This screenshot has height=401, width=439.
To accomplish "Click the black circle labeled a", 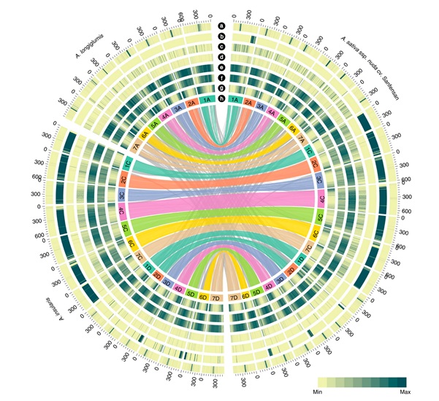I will (x=220, y=24).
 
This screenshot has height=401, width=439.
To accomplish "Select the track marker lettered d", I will (x=220, y=56).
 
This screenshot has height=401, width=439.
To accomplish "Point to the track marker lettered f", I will (x=220, y=78).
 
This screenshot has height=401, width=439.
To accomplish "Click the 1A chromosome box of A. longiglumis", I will (x=207, y=100).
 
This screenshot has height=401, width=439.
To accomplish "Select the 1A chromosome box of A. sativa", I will (x=234, y=100).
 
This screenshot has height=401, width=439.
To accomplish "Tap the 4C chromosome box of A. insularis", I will (x=121, y=213).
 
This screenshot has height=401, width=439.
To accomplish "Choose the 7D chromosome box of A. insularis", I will (x=215, y=298).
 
